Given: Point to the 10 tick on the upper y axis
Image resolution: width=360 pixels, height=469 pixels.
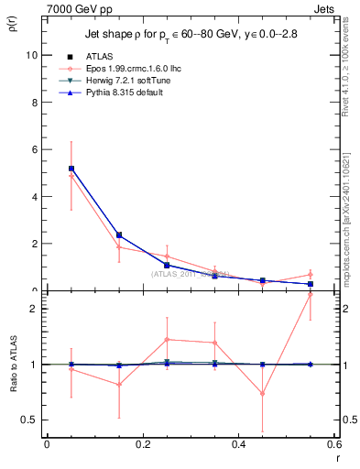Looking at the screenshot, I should click(x=33, y=55).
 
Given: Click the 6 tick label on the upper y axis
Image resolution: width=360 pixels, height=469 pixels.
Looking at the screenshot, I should click(x=35, y=149).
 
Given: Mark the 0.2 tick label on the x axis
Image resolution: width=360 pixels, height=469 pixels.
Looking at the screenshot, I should click(x=142, y=444).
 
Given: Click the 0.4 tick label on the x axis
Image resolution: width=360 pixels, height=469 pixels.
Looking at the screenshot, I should click(x=238, y=444).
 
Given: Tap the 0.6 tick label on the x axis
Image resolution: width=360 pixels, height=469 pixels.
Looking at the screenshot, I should click(x=333, y=444).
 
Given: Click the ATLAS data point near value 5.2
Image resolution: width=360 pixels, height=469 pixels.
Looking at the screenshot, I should click(x=71, y=169).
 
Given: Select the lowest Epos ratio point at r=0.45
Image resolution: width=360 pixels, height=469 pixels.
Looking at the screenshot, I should click(x=262, y=394).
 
